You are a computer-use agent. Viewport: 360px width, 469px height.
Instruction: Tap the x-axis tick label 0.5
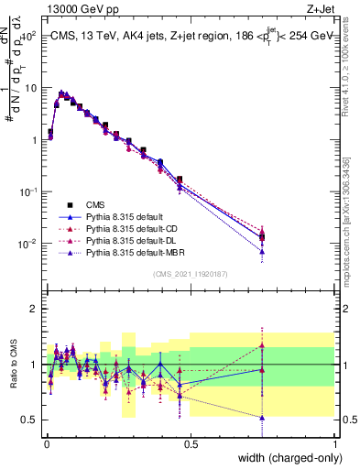pyautogui.click(x=191, y=442)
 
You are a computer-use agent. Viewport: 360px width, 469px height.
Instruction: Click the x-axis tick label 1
pyautogui.click(x=335, y=442)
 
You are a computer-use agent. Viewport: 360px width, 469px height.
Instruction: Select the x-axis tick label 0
pyautogui.click(x=46, y=442)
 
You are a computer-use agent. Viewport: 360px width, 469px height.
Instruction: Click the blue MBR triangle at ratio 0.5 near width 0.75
pyautogui.click(x=263, y=418)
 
